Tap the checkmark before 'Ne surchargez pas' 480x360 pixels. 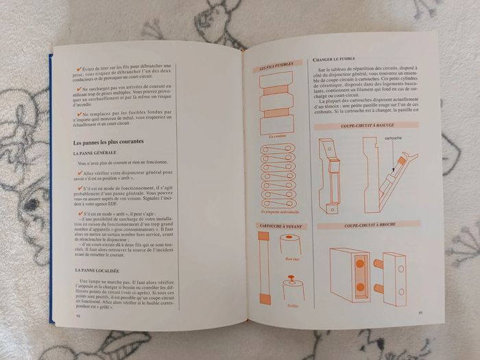click(x=77, y=88)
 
